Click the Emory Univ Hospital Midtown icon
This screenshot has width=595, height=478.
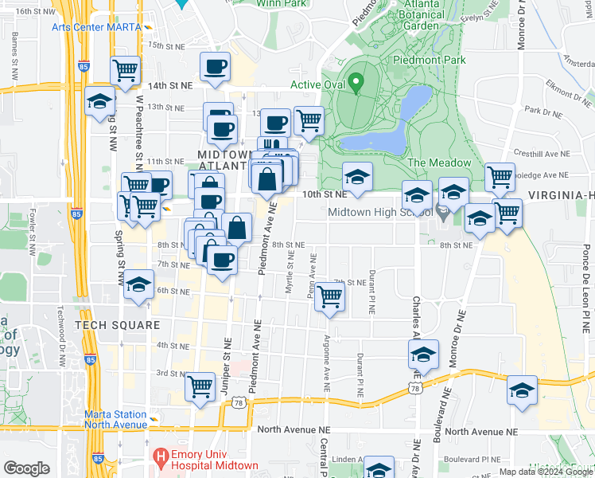(161, 456)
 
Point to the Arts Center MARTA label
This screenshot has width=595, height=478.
(96, 26)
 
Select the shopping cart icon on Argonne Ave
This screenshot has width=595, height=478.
(329, 297)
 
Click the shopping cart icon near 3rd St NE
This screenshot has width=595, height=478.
(200, 387)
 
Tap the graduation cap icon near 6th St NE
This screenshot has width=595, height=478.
(138, 285)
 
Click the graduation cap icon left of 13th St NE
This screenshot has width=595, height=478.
(100, 101)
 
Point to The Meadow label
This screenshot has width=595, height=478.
(439, 163)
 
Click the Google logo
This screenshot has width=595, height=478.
(26, 468)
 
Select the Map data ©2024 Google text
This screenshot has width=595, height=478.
(545, 472)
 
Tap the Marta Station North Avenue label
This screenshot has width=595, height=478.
(116, 419)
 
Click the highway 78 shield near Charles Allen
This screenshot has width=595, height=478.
(416, 388)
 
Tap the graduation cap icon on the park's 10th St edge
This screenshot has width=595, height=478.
(357, 178)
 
